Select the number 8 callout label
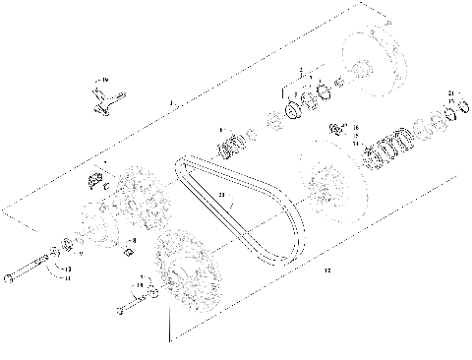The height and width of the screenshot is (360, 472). tap(134, 240)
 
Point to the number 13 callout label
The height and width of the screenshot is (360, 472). tap(67, 268)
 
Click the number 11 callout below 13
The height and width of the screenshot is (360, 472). tap(67, 277)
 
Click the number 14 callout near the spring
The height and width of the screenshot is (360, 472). tap(357, 143)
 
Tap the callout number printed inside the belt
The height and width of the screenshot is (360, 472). tap(223, 195)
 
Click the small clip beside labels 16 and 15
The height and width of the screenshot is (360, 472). tap(336, 127)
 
